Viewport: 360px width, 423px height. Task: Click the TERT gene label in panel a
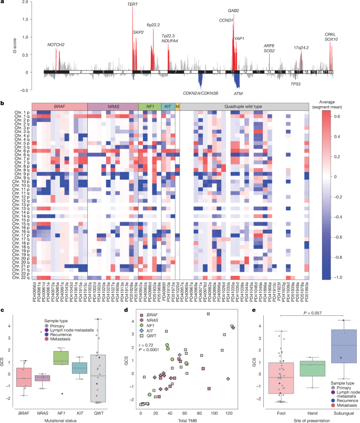[x=133, y=4]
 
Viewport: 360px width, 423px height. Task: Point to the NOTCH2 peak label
[x=56, y=45]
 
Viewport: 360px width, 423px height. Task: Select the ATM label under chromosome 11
[x=238, y=93]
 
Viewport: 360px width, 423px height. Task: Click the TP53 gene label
[x=296, y=83]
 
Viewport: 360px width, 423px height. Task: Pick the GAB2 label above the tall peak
[x=233, y=10]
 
